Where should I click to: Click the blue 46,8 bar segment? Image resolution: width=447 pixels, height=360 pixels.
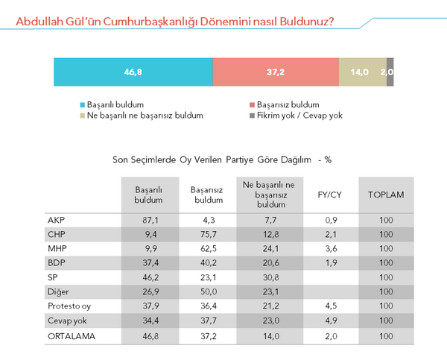(x=133, y=72)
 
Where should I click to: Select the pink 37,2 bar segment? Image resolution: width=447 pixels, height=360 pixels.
(x=276, y=72)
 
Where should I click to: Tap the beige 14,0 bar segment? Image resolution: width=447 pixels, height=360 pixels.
(x=362, y=72)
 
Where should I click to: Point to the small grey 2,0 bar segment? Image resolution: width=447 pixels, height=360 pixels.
(x=390, y=72)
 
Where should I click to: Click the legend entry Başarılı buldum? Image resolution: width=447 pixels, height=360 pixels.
(x=112, y=105)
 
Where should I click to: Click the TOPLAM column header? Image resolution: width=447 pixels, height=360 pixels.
(x=386, y=195)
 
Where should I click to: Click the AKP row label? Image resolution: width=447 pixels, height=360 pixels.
(x=56, y=221)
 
